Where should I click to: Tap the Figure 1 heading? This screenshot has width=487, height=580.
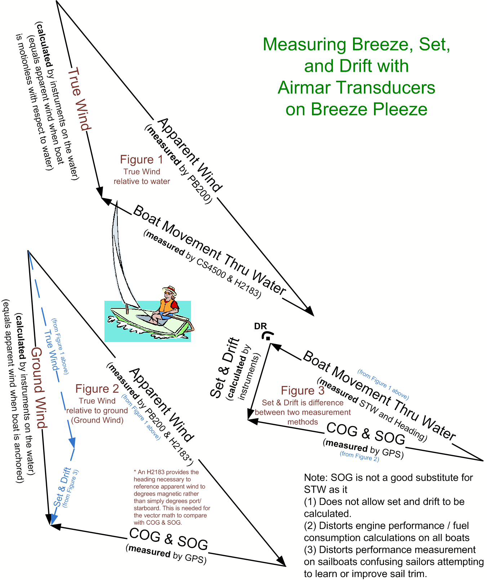142,159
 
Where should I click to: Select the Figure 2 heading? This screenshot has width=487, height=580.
97,389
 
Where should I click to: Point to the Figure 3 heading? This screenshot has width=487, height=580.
303,390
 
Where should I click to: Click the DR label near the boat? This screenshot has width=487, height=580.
260,326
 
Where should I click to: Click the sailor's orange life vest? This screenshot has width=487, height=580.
166,306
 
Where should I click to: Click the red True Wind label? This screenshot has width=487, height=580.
79,99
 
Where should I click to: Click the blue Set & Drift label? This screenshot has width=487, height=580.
62,487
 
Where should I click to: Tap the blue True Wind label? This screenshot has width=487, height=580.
51,350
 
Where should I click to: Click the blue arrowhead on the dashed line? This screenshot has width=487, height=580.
72,443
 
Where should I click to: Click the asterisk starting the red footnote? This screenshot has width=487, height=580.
135,472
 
